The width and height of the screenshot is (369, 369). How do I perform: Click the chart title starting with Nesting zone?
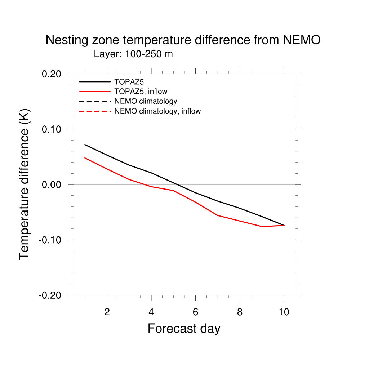pyautogui.click(x=183, y=40)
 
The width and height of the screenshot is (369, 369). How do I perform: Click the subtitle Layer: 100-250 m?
pyautogui.click(x=133, y=54)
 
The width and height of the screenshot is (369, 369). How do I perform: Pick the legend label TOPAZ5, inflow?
pyautogui.click(x=141, y=92)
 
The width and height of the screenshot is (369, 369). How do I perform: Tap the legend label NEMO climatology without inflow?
pyautogui.click(x=146, y=101)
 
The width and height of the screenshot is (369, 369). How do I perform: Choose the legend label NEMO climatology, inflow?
pyautogui.click(x=157, y=111)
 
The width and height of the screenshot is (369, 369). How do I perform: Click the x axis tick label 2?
pyautogui.click(x=107, y=312)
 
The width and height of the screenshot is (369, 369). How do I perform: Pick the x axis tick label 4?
pyautogui.click(x=151, y=312)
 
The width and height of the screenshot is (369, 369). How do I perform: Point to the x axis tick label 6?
pyautogui.click(x=195, y=312)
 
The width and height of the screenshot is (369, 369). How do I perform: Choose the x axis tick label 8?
pyautogui.click(x=240, y=312)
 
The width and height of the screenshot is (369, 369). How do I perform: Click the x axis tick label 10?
pyautogui.click(x=284, y=312)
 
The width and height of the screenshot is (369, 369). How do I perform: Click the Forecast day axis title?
pyautogui.click(x=184, y=329)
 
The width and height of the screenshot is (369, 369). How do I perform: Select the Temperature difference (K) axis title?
pyautogui.click(x=25, y=184)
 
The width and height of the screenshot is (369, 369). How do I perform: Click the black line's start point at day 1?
pyautogui.click(x=85, y=145)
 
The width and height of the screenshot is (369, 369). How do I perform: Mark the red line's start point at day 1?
pyautogui.click(x=85, y=158)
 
